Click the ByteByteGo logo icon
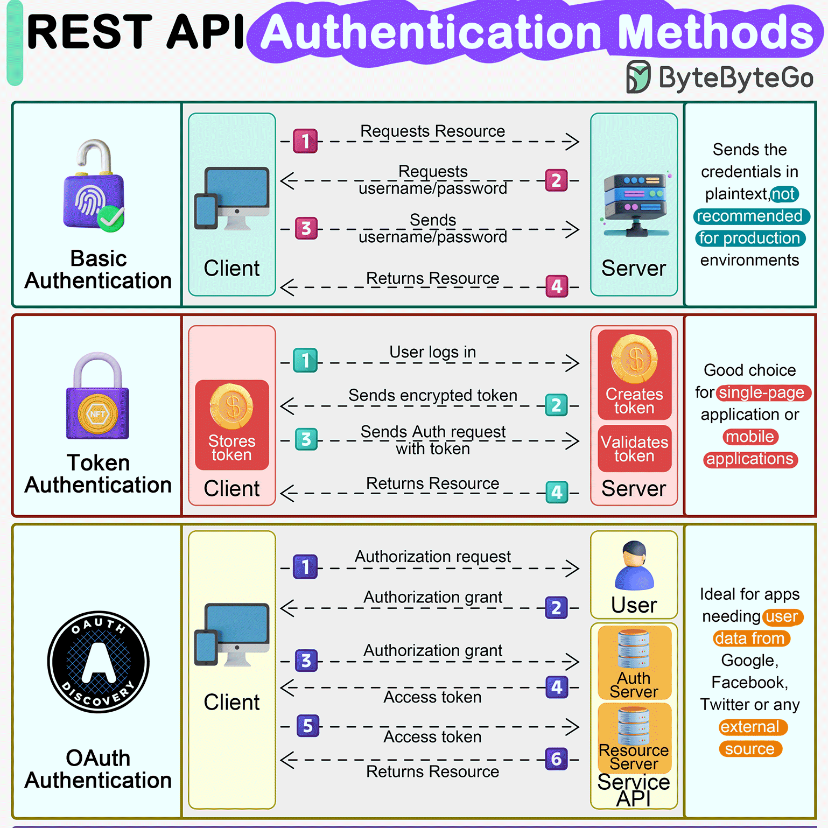pos(638,77)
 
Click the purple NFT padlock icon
pos(97,397)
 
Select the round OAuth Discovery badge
pos(98,662)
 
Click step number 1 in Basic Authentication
pos(305,142)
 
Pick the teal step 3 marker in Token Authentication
pos(306,439)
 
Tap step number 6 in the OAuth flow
pos(556,759)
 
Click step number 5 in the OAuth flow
pos(307,726)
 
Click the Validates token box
pos(634,448)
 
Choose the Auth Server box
pos(634,663)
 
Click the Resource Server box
pos(634,738)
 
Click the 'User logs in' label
pos(432,352)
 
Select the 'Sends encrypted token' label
pos(432,395)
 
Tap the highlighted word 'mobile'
pos(750,437)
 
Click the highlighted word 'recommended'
pos(750,216)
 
